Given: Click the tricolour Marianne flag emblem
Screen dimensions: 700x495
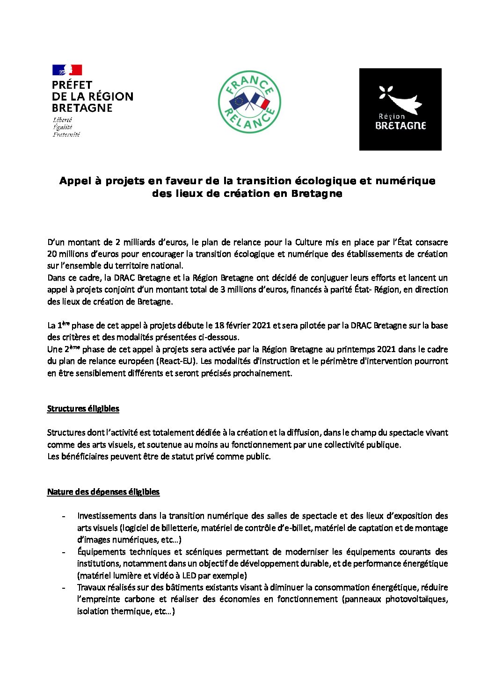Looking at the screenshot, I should pos(67,70).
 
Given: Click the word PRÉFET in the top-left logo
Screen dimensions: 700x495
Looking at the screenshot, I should pos(73,85).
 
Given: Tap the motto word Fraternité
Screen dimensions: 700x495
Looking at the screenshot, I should pos(66,135).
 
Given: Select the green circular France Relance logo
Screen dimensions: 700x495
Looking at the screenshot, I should pos(249,102).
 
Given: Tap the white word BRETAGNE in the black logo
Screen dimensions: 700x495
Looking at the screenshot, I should pos(400,126).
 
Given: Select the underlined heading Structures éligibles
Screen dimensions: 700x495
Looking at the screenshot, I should pos(83,409).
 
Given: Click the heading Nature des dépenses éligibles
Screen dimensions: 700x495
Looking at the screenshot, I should pos(103,492).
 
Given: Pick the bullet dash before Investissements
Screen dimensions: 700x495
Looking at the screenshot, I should pos(63,516).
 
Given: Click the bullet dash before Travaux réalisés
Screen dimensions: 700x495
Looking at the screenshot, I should pos(63,588).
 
